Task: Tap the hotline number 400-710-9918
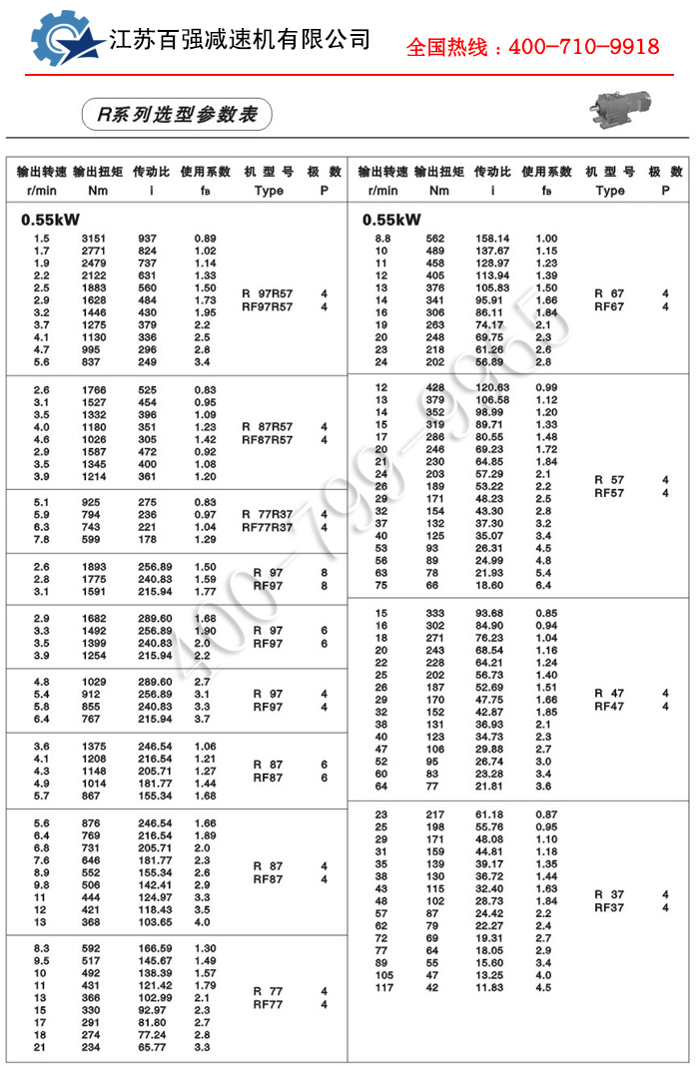(x=532, y=47)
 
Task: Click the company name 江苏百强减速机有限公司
(x=240, y=40)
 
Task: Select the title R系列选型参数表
(x=178, y=115)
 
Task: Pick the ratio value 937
(x=148, y=239)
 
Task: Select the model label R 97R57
(x=268, y=293)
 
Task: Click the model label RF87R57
(x=268, y=439)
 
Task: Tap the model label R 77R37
(x=268, y=514)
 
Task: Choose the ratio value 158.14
(x=491, y=239)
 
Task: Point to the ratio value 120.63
(x=491, y=387)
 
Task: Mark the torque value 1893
(x=93, y=567)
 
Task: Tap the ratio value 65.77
(x=154, y=1047)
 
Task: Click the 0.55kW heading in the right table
(x=391, y=220)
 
